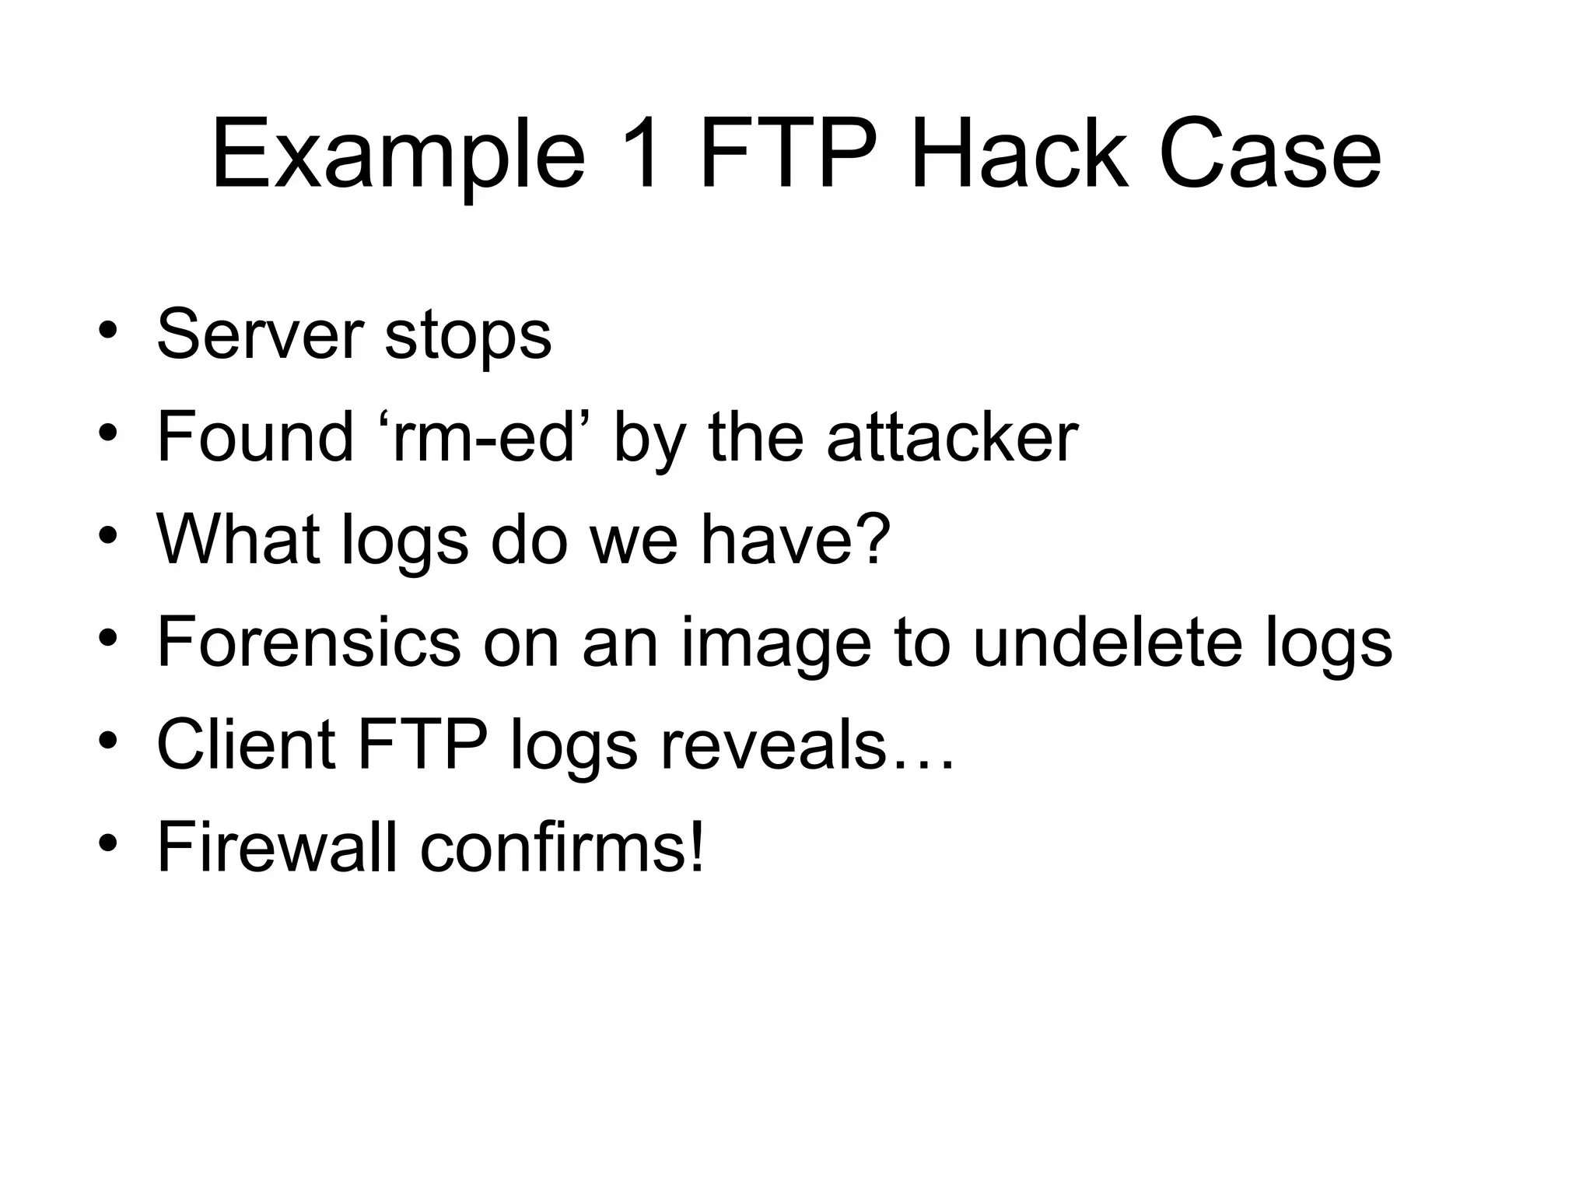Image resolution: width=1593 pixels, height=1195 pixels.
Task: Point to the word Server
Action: click(260, 335)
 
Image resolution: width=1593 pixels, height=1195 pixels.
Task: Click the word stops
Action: click(467, 337)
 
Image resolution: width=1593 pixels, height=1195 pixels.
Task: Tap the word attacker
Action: click(952, 437)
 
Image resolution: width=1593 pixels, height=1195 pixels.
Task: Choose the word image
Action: click(775, 646)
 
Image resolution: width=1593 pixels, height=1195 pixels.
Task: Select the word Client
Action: click(246, 745)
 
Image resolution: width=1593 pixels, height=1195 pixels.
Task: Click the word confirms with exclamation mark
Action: click(562, 847)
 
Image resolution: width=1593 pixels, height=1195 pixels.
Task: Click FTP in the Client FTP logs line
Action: click(422, 745)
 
